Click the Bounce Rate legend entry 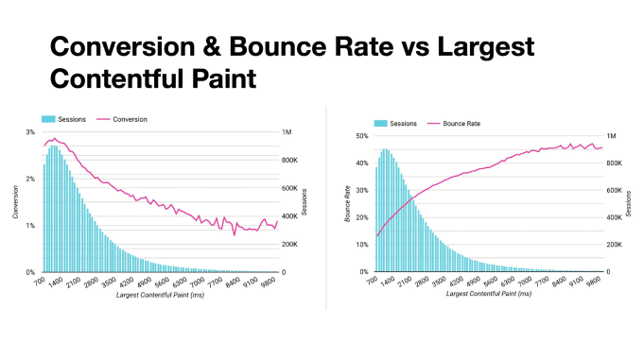455,123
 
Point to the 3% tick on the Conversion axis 29,132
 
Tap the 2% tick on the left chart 29,179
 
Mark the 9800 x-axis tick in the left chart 269,281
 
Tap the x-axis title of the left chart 157,296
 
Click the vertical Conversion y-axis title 16,202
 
